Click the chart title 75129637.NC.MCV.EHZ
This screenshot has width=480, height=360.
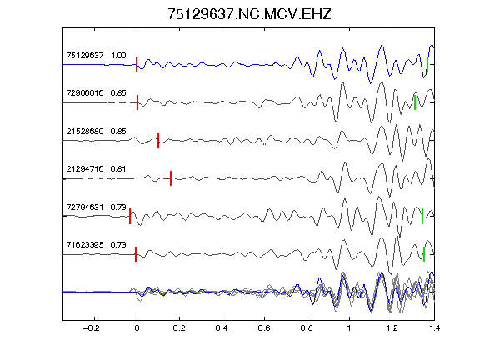[249, 14]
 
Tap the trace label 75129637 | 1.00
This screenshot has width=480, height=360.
[96, 55]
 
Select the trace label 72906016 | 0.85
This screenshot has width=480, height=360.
[96, 93]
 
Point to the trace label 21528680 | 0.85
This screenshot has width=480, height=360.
[96, 132]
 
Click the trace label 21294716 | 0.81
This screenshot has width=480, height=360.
[96, 169]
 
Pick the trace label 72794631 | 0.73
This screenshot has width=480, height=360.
[96, 207]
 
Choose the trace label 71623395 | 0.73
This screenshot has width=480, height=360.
[96, 245]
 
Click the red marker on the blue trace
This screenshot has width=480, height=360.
[137, 65]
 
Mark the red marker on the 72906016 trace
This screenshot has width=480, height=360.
[137, 102]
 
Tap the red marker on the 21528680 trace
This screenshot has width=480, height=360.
[158, 140]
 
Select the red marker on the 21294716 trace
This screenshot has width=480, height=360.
[171, 178]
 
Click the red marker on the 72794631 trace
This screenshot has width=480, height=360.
[130, 216]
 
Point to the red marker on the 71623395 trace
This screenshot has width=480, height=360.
[136, 254]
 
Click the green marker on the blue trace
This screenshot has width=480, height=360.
[427, 65]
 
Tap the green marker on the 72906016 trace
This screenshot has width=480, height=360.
[415, 102]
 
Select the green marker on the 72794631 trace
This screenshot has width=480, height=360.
[422, 216]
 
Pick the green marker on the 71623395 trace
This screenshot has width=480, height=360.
[424, 254]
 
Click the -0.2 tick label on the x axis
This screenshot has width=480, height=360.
[92, 328]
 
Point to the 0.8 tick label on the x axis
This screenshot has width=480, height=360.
[307, 328]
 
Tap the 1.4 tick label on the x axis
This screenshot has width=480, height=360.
[434, 328]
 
